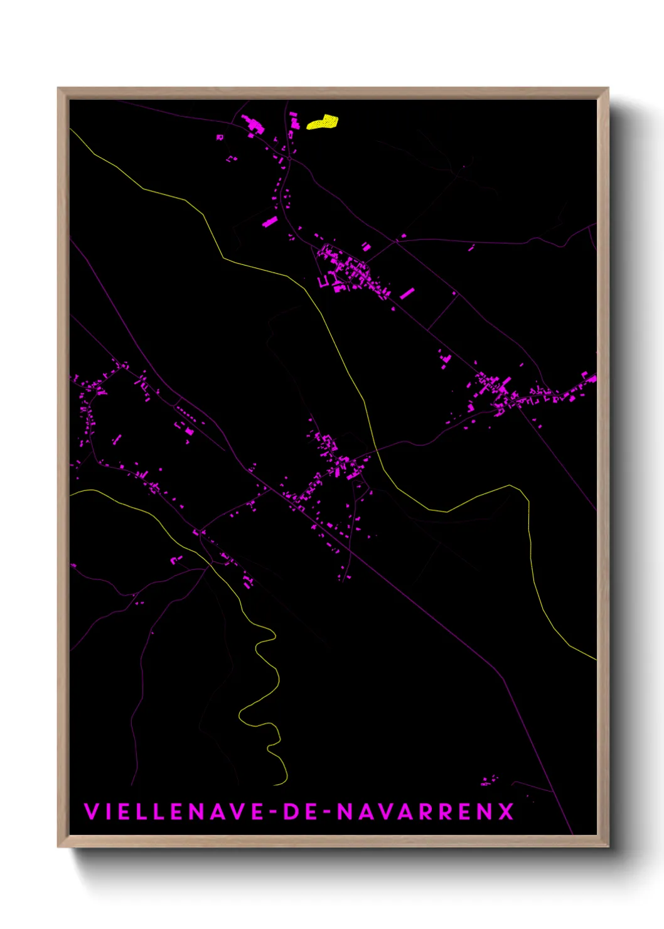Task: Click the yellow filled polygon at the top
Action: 323,122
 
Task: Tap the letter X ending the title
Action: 506,812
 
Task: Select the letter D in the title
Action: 292,812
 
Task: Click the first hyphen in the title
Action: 273,812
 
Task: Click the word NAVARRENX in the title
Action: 426,812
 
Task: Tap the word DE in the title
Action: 300,812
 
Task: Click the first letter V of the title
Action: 91,812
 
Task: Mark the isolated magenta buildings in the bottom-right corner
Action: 488,781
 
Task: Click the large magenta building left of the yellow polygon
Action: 254,124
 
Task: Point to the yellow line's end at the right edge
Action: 595,659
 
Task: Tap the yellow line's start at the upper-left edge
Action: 71,129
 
